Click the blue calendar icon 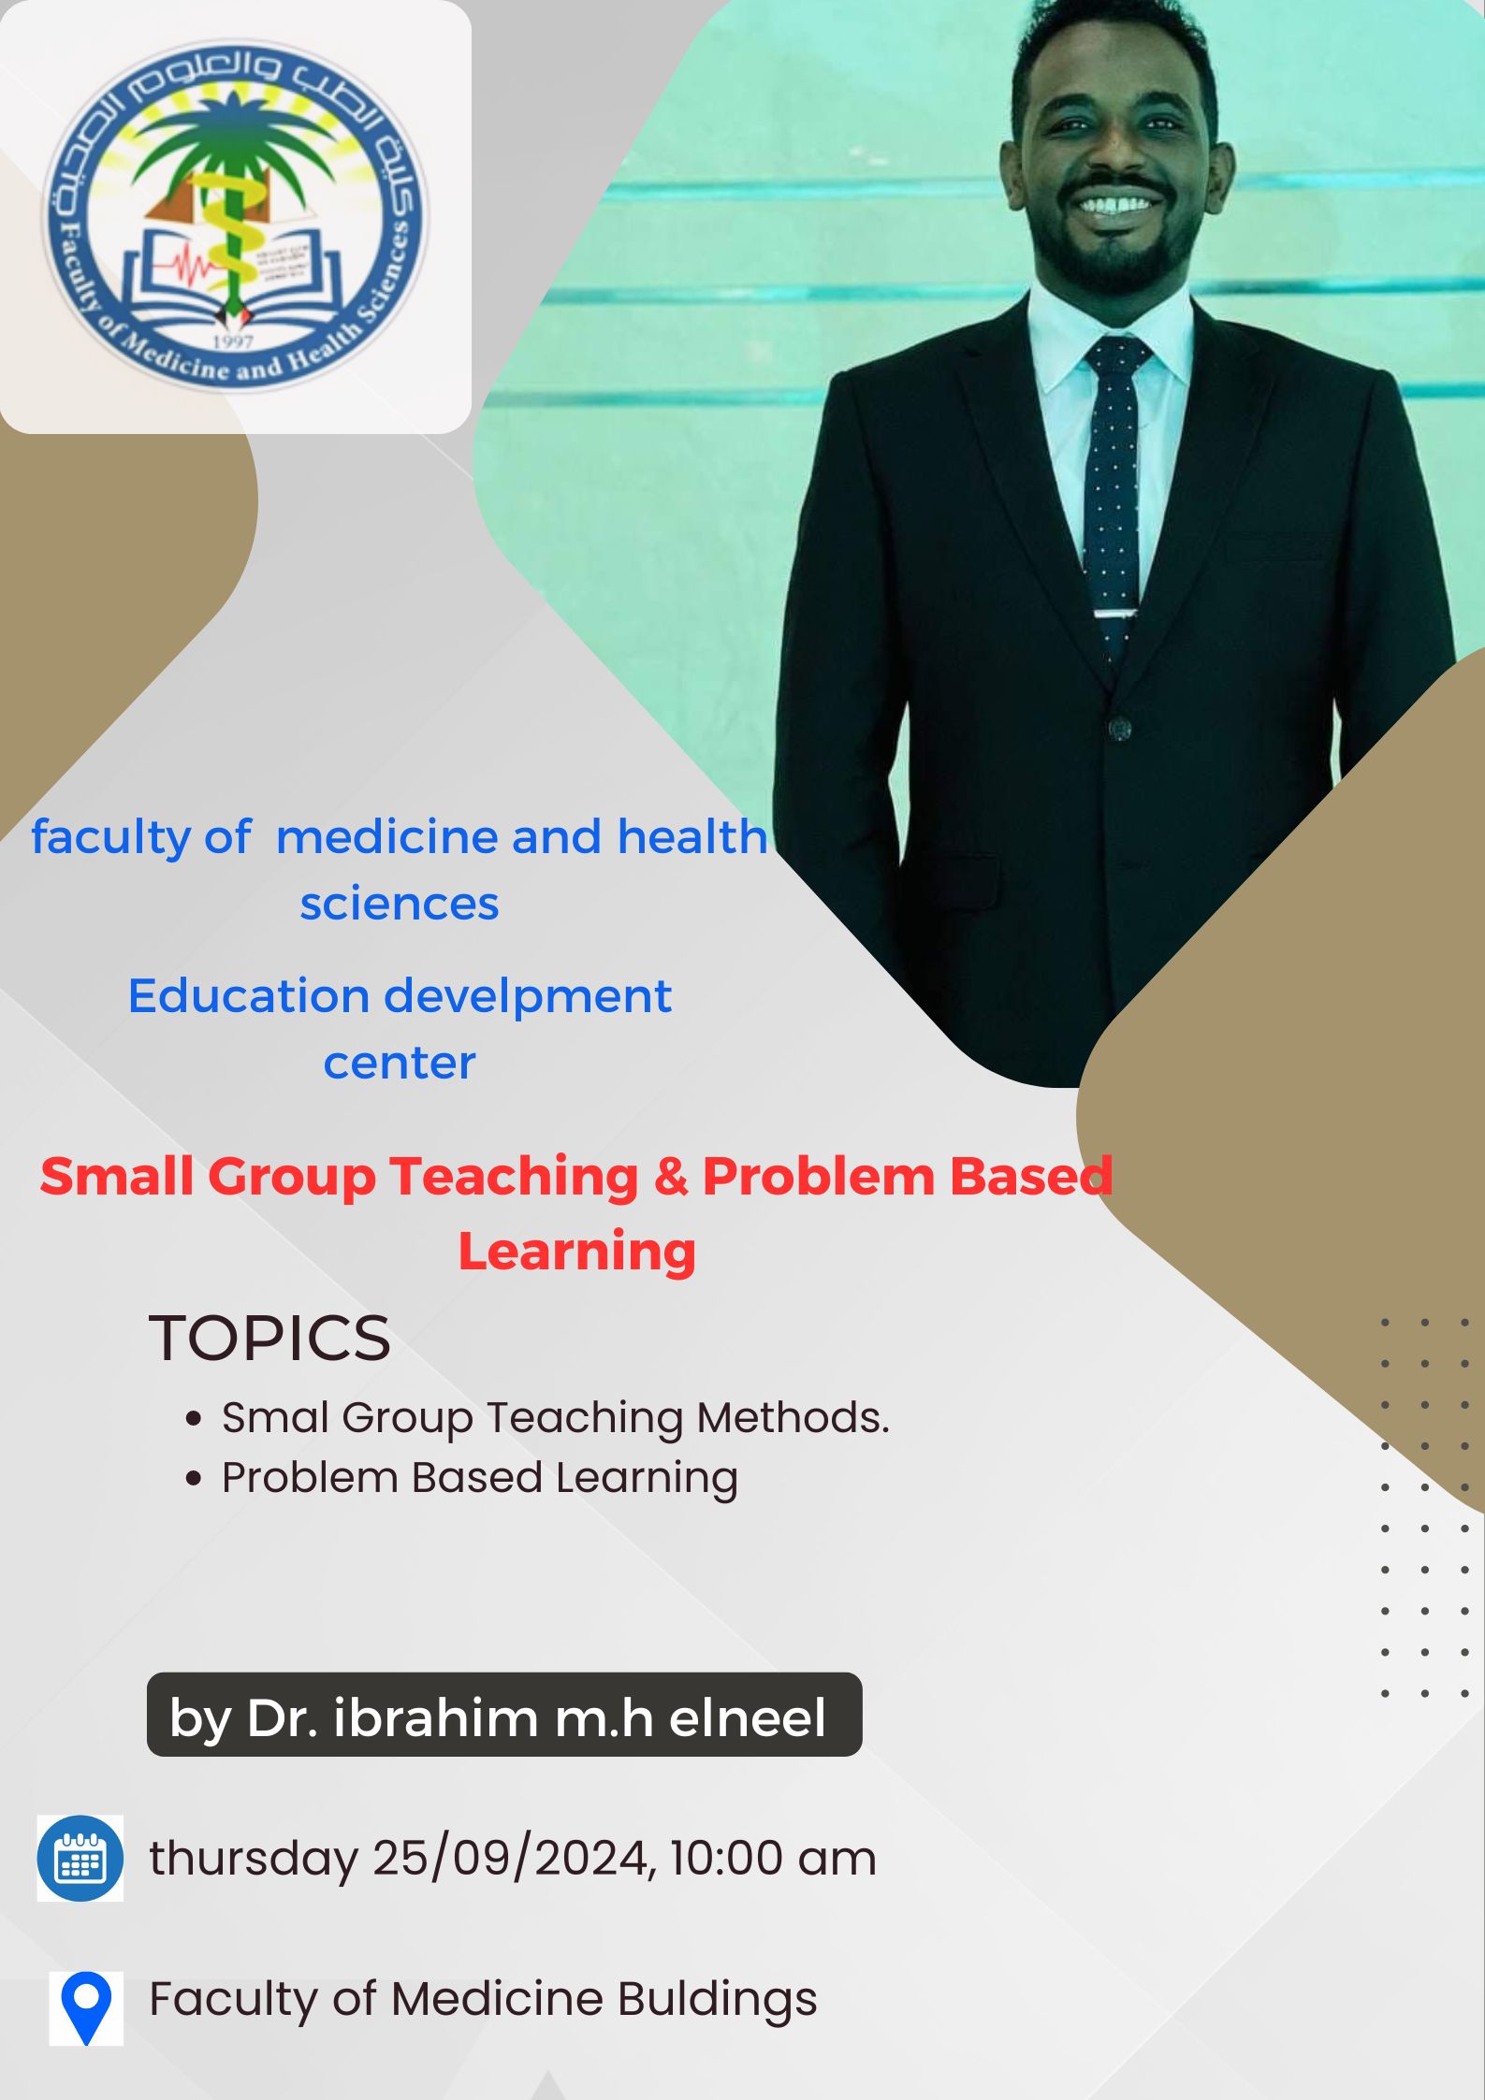(x=80, y=1858)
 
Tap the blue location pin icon (x=86, y=2007)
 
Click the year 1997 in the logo (x=233, y=341)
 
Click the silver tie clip (x=1116, y=614)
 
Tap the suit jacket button (x=1118, y=728)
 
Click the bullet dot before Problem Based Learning (x=194, y=1479)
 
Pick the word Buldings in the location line (x=717, y=1999)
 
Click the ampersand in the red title (x=670, y=1176)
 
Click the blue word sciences (x=400, y=904)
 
